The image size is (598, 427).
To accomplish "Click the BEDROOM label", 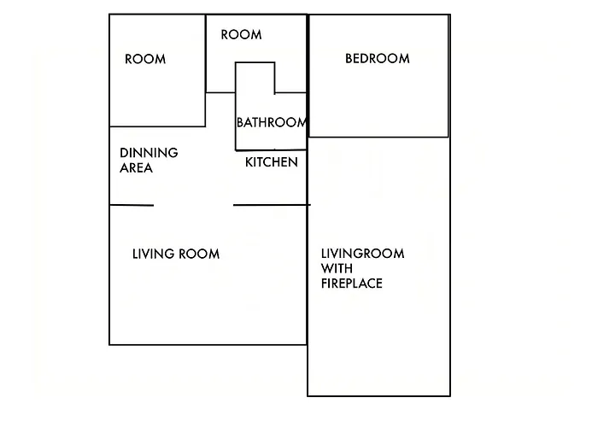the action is (x=378, y=58).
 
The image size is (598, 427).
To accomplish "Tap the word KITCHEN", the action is (x=271, y=162).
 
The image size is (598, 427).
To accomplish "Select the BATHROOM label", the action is (x=271, y=122).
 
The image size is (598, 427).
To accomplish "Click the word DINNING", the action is (x=149, y=153).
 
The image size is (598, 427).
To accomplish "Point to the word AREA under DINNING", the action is (x=136, y=167).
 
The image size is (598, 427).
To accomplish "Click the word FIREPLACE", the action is (x=352, y=284).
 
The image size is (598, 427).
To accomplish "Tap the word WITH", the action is (x=337, y=268).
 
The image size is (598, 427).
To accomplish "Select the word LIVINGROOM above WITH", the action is (x=363, y=254).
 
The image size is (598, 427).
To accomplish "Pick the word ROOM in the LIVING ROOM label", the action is (x=199, y=254).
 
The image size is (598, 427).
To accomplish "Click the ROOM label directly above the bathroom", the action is (x=241, y=35).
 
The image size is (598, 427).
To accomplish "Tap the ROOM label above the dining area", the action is (x=145, y=59).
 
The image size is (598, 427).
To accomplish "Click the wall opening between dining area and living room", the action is (x=193, y=205).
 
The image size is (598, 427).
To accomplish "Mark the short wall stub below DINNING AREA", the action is (x=132, y=205).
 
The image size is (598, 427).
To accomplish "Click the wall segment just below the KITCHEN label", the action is (x=272, y=205).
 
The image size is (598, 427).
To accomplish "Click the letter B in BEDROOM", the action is (x=349, y=58).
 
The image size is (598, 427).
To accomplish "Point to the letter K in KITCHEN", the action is (x=249, y=162).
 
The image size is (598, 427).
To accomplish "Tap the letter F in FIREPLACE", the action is (x=324, y=284).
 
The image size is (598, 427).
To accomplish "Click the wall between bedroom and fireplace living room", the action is (x=378, y=137).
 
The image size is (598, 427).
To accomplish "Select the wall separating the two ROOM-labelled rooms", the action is (x=206, y=71).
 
